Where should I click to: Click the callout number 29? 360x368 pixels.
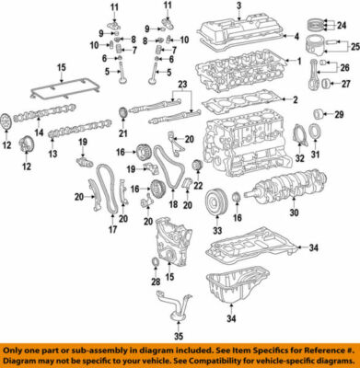(338, 115)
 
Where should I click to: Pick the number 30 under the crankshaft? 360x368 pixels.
(294, 213)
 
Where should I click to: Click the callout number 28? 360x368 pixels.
(154, 279)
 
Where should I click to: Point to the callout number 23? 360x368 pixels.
(181, 85)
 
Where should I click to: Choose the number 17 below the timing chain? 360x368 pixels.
(113, 230)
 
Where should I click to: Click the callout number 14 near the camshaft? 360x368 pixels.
(39, 133)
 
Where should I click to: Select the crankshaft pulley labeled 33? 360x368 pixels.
(217, 198)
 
